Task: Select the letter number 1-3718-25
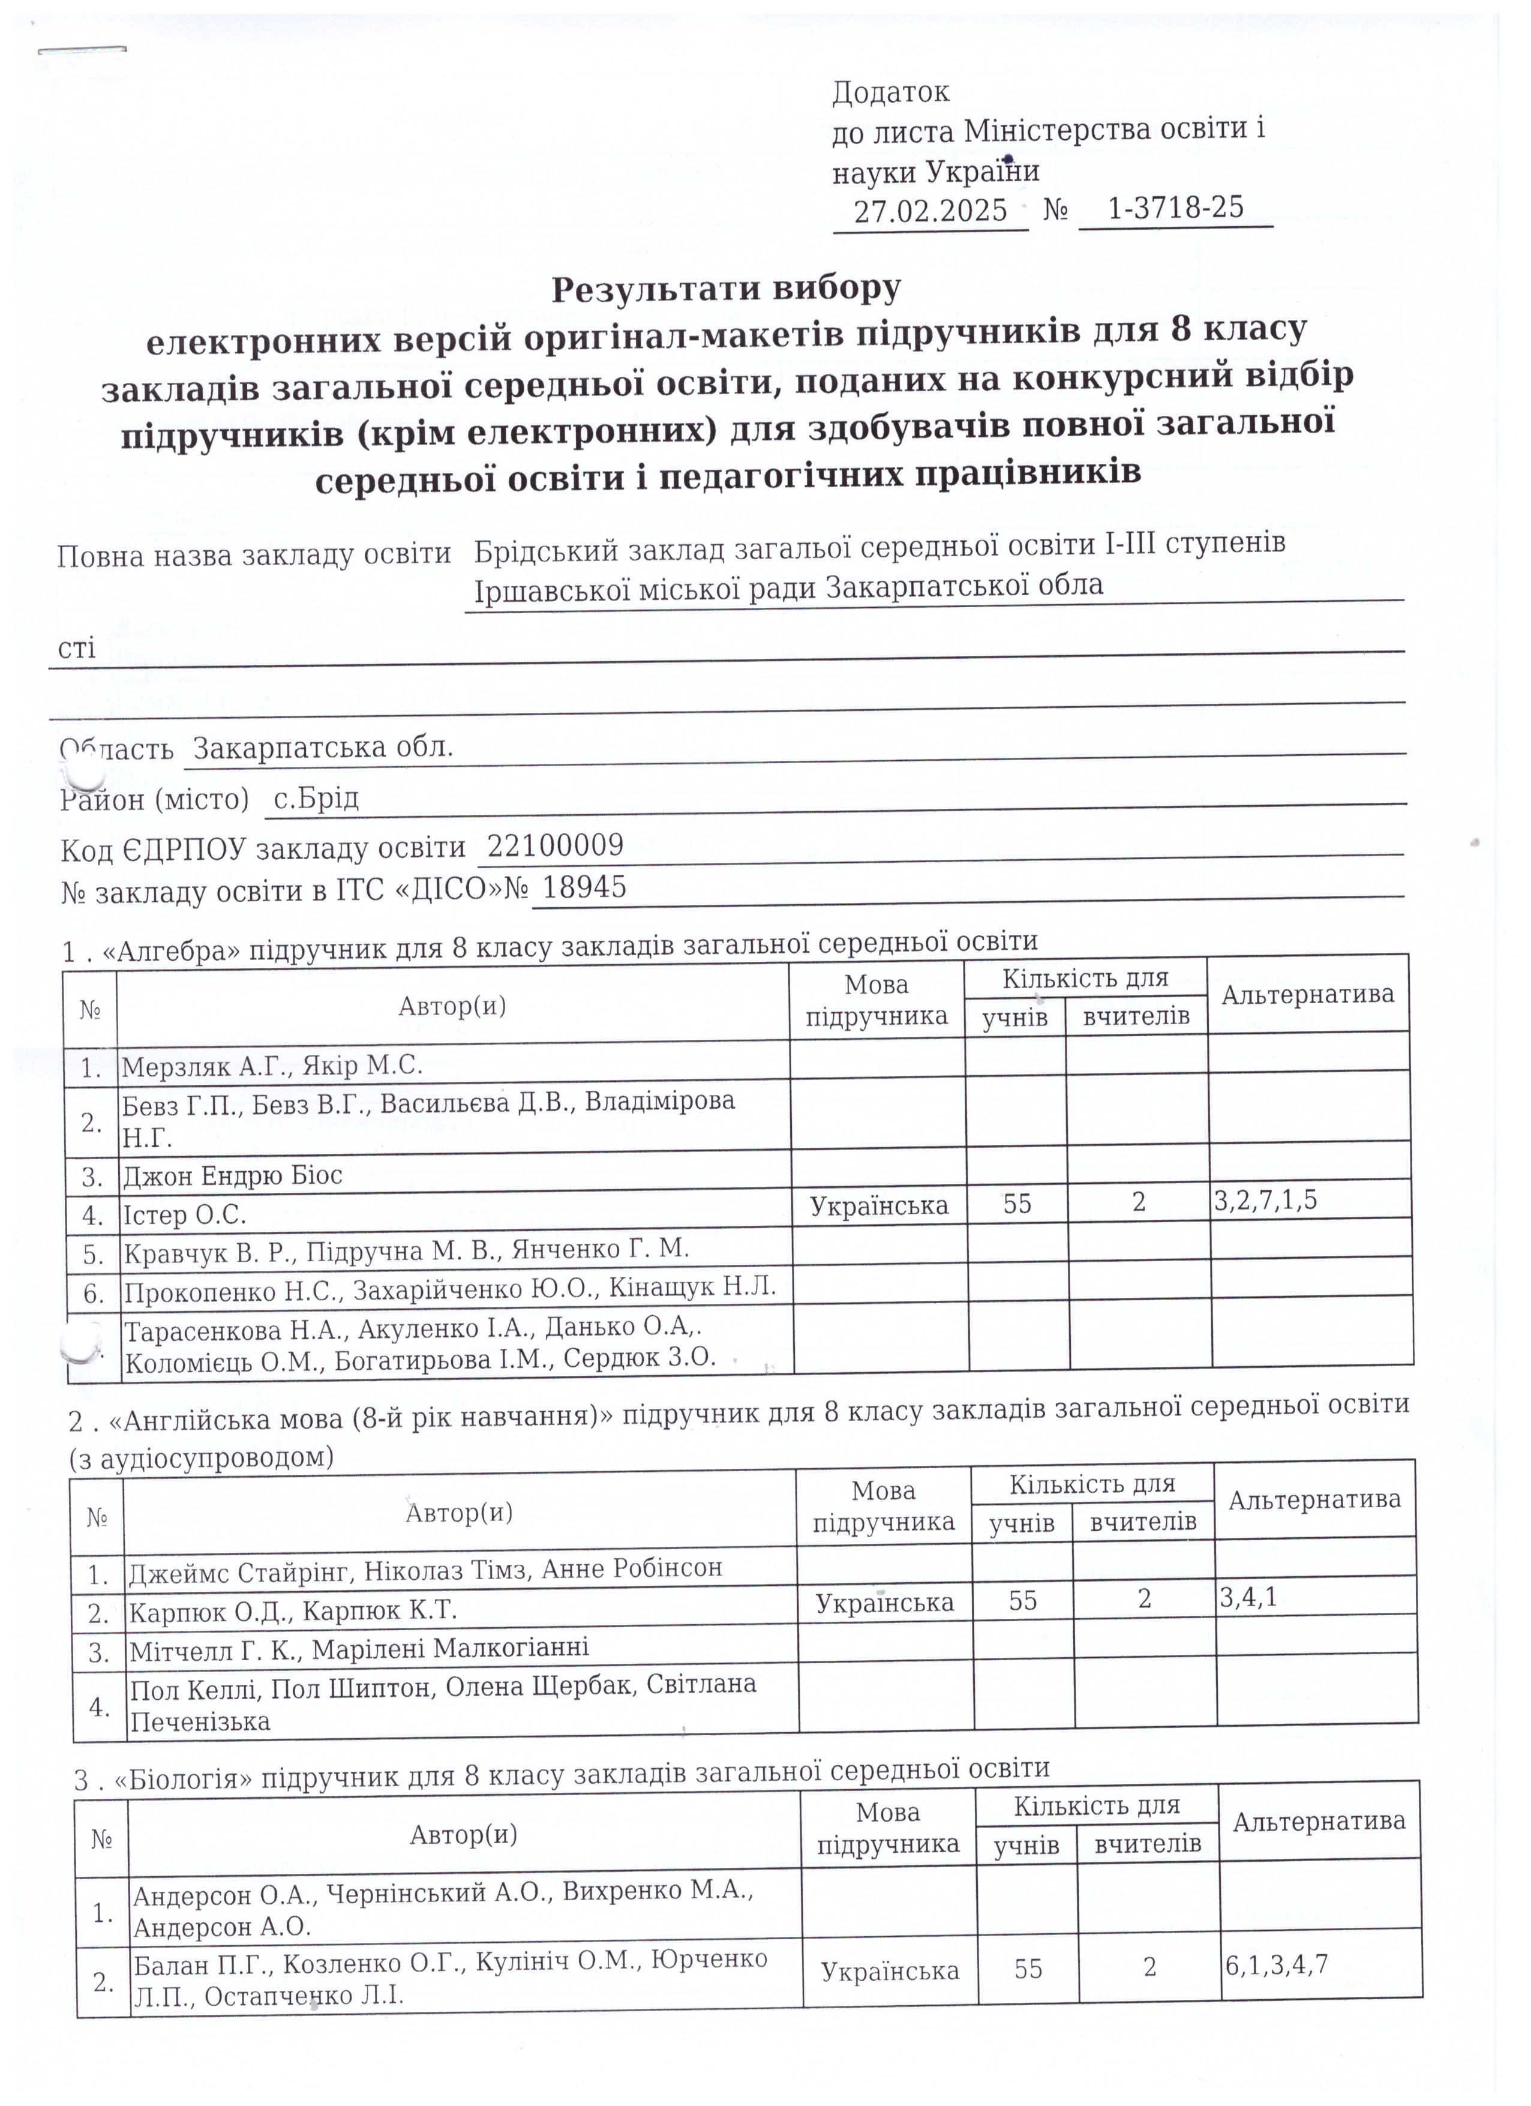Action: coord(1175,206)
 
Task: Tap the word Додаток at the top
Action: coord(890,92)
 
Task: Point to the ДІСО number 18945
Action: coord(584,888)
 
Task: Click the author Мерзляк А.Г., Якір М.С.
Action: coord(272,1066)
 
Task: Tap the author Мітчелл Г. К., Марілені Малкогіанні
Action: coord(358,1648)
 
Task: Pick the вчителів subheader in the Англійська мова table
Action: coord(1142,1523)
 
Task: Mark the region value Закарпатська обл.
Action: coord(323,748)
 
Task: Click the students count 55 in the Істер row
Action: coord(1017,1204)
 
